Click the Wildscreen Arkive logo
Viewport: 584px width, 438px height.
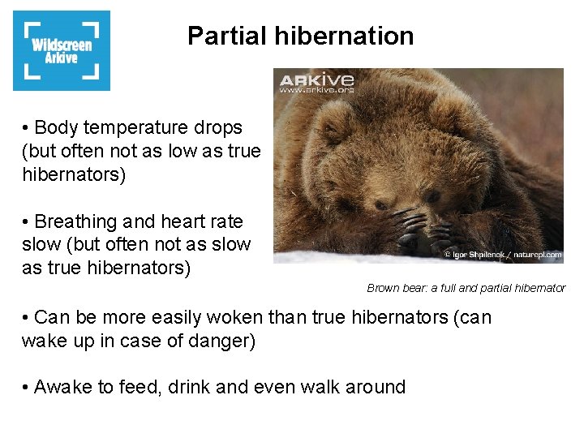(x=62, y=50)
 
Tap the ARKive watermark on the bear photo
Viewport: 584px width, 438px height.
(x=317, y=79)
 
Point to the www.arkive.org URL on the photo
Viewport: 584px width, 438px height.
(x=316, y=91)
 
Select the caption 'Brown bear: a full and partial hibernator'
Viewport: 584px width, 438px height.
(x=466, y=288)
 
